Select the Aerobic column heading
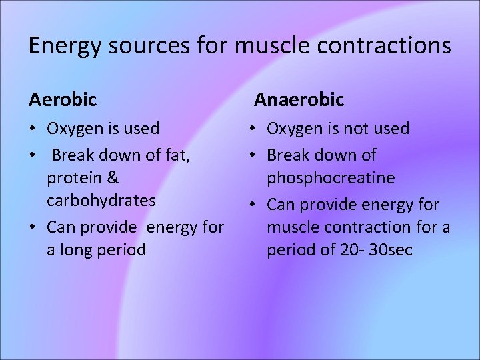pos(63,100)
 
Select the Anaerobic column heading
pos(299,100)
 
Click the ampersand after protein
pos(112,178)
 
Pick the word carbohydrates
pos(101,201)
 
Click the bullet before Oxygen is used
pos(33,128)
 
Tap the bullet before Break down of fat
pos(33,155)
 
